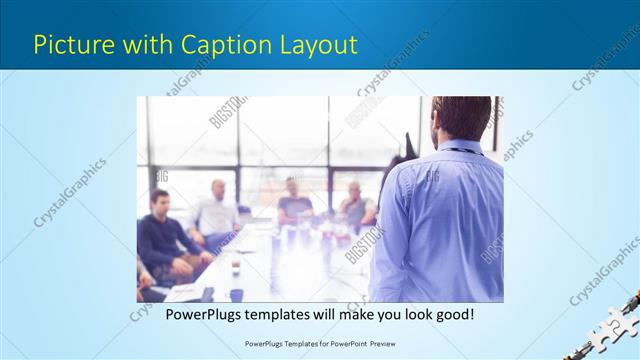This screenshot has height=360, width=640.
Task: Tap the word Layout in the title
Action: (318, 45)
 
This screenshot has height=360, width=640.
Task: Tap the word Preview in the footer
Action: (378, 343)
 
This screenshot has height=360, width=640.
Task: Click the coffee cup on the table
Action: (235, 268)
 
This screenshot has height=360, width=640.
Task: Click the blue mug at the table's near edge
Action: (236, 294)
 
